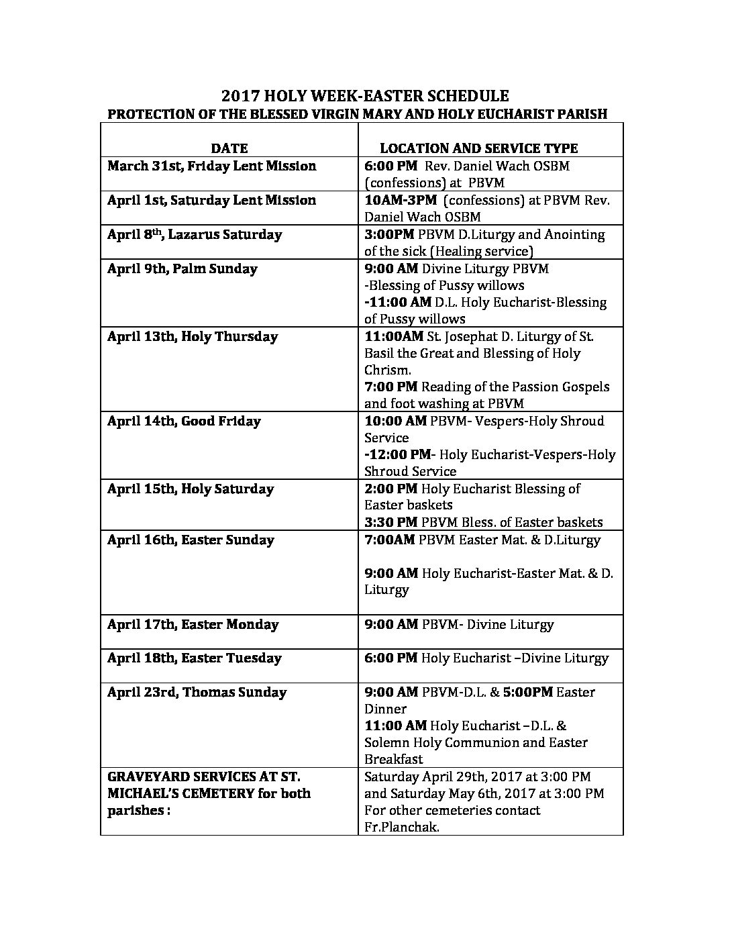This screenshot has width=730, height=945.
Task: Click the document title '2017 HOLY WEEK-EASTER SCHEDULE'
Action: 365,96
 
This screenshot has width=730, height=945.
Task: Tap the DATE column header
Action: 229,148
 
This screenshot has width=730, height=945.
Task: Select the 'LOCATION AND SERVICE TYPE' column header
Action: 478,148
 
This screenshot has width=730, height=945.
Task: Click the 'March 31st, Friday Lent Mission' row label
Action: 211,166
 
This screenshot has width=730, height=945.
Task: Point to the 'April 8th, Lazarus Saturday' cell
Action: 195,234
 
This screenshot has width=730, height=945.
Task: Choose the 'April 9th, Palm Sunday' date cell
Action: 182,268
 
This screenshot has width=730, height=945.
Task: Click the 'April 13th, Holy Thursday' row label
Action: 193,336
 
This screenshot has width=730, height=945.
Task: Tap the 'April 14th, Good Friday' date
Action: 184,421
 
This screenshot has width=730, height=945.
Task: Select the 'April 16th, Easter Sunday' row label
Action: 191,540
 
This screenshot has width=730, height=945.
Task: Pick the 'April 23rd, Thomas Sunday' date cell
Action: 197,692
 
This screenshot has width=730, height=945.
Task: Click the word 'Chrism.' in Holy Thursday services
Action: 387,370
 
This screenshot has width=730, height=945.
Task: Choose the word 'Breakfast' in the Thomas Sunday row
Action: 393,759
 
